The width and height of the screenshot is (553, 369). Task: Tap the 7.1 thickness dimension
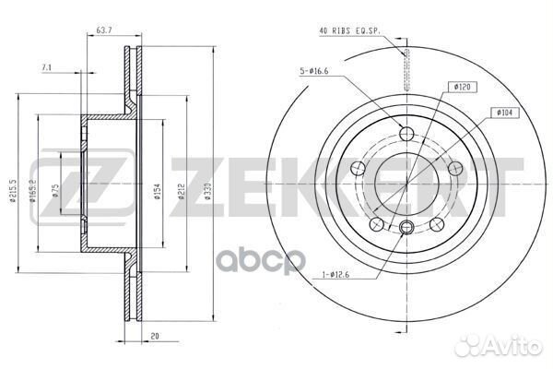point(47,66)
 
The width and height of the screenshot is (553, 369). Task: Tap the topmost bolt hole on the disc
point(406,129)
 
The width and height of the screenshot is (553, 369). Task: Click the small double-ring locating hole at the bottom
point(406,226)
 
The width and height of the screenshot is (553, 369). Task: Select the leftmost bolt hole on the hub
point(359,166)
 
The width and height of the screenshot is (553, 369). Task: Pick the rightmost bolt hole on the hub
point(454,166)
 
